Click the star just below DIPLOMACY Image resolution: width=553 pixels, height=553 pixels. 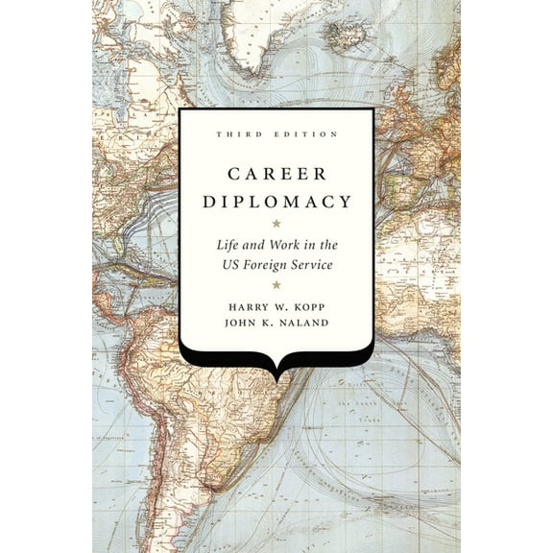(276, 223)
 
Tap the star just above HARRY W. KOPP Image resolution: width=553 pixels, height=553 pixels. (276, 284)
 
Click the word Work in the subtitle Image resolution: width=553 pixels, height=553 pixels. (276, 247)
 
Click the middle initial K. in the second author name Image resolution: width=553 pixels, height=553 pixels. (272, 324)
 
